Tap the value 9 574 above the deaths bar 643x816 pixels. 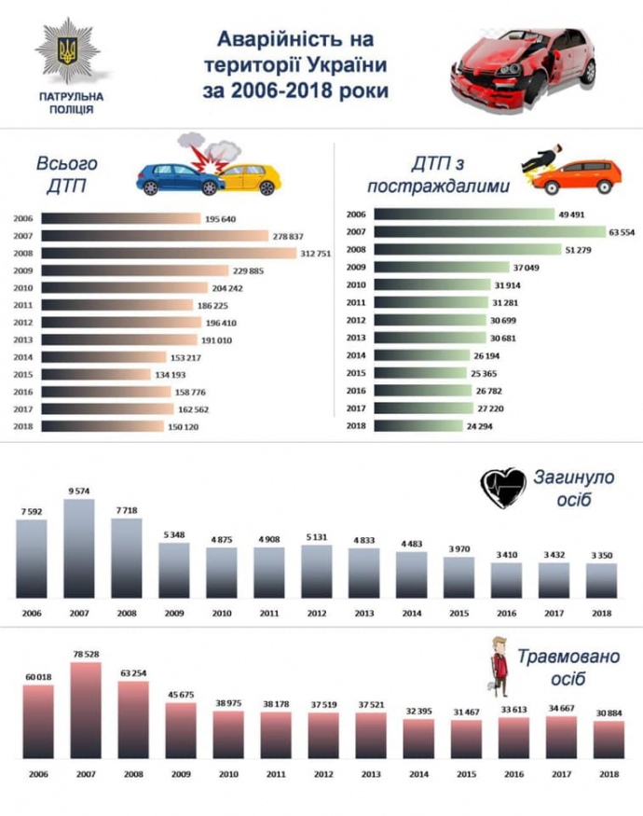78,491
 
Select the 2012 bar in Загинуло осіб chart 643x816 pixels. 317,571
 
